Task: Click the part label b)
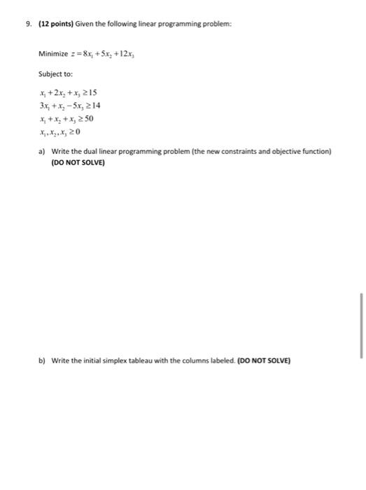click(x=42, y=361)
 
